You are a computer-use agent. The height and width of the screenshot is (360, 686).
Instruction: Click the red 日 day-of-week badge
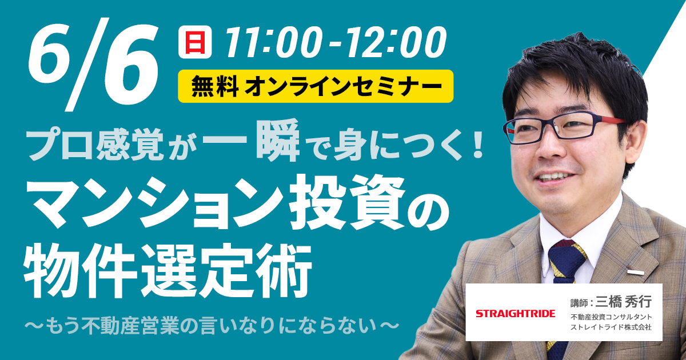[x=195, y=42]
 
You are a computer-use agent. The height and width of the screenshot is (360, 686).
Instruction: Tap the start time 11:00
[x=270, y=42]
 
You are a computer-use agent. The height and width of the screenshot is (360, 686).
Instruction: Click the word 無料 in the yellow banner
[x=216, y=86]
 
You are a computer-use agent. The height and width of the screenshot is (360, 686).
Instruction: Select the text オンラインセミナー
[x=344, y=86]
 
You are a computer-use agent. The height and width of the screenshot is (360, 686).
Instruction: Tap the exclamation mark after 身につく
[x=477, y=145]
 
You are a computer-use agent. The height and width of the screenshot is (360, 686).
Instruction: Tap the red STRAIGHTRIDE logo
[x=516, y=314]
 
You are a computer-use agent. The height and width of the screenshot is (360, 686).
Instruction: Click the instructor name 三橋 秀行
[x=623, y=303]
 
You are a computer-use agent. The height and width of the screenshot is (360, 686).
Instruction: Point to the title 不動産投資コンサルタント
[x=611, y=317]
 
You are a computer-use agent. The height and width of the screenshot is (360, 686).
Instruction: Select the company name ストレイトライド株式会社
[x=611, y=327]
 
